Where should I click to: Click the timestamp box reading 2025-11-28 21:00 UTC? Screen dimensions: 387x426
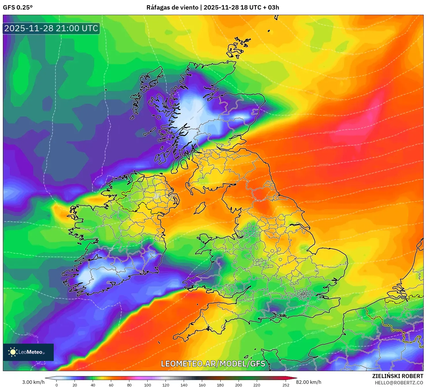pyautogui.click(x=51, y=28)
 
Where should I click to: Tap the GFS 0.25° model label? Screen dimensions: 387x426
pyautogui.click(x=18, y=8)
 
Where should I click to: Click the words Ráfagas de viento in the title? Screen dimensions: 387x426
pyautogui.click(x=172, y=8)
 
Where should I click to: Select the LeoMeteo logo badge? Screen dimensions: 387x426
pyautogui.click(x=28, y=352)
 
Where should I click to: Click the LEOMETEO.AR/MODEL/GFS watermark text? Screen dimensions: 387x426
pyautogui.click(x=213, y=364)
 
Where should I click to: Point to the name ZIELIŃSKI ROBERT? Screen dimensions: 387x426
pyautogui.click(x=397, y=376)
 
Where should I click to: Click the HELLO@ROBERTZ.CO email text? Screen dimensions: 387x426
pyautogui.click(x=399, y=383)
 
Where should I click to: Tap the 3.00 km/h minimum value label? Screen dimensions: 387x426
pyautogui.click(x=33, y=382)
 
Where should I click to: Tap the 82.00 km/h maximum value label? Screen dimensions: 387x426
pyautogui.click(x=308, y=382)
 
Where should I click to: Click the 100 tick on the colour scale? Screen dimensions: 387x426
pyautogui.click(x=148, y=385)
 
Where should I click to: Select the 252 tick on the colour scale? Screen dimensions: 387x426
pyautogui.click(x=286, y=385)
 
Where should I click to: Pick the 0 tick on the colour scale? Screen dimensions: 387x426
pyautogui.click(x=57, y=385)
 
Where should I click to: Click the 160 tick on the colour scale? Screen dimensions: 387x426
pyautogui.click(x=202, y=385)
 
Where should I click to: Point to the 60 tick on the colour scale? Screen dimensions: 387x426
pyautogui.click(x=111, y=385)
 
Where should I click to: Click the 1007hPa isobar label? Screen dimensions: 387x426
pyautogui.click(x=32, y=335)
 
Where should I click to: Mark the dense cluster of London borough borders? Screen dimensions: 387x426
pyautogui.click(x=304, y=295)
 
